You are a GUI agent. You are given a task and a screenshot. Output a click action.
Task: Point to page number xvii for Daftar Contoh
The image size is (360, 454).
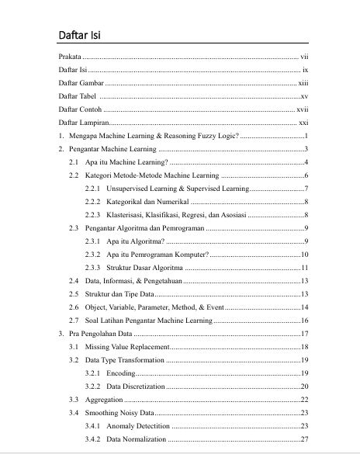click(303, 109)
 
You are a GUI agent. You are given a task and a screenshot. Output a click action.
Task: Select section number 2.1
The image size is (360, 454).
click(74, 162)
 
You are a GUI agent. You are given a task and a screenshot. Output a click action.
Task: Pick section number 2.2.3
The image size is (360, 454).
click(94, 215)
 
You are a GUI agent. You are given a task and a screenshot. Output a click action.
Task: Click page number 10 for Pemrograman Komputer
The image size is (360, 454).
click(305, 255)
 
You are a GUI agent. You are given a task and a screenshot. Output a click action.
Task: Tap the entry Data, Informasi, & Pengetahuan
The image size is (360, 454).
click(133, 281)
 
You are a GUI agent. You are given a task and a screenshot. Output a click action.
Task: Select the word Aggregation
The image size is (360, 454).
click(104, 400)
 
